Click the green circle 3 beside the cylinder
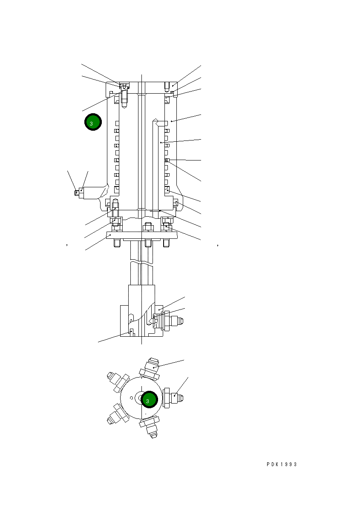pyautogui.click(x=92, y=122)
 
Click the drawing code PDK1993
pyautogui.click(x=282, y=464)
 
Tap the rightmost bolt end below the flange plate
pyautogui.click(x=167, y=243)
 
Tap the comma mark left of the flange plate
pyautogui.click(x=67, y=245)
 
